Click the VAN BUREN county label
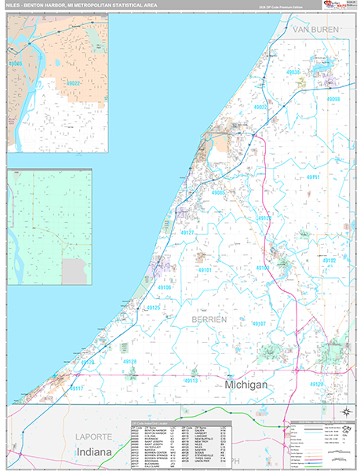tap(315, 29)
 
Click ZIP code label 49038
tap(293, 72)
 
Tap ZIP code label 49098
tap(333, 100)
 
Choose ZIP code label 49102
tap(329, 260)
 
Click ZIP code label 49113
tap(193, 380)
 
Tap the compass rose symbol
tap(345, 411)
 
